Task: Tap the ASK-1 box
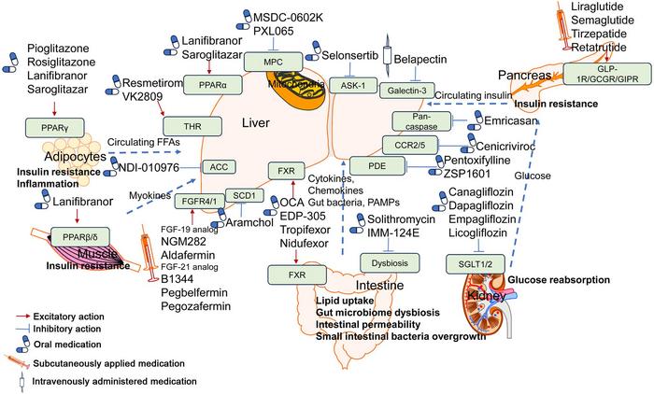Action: click(x=347, y=85)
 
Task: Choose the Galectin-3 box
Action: click(x=408, y=90)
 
